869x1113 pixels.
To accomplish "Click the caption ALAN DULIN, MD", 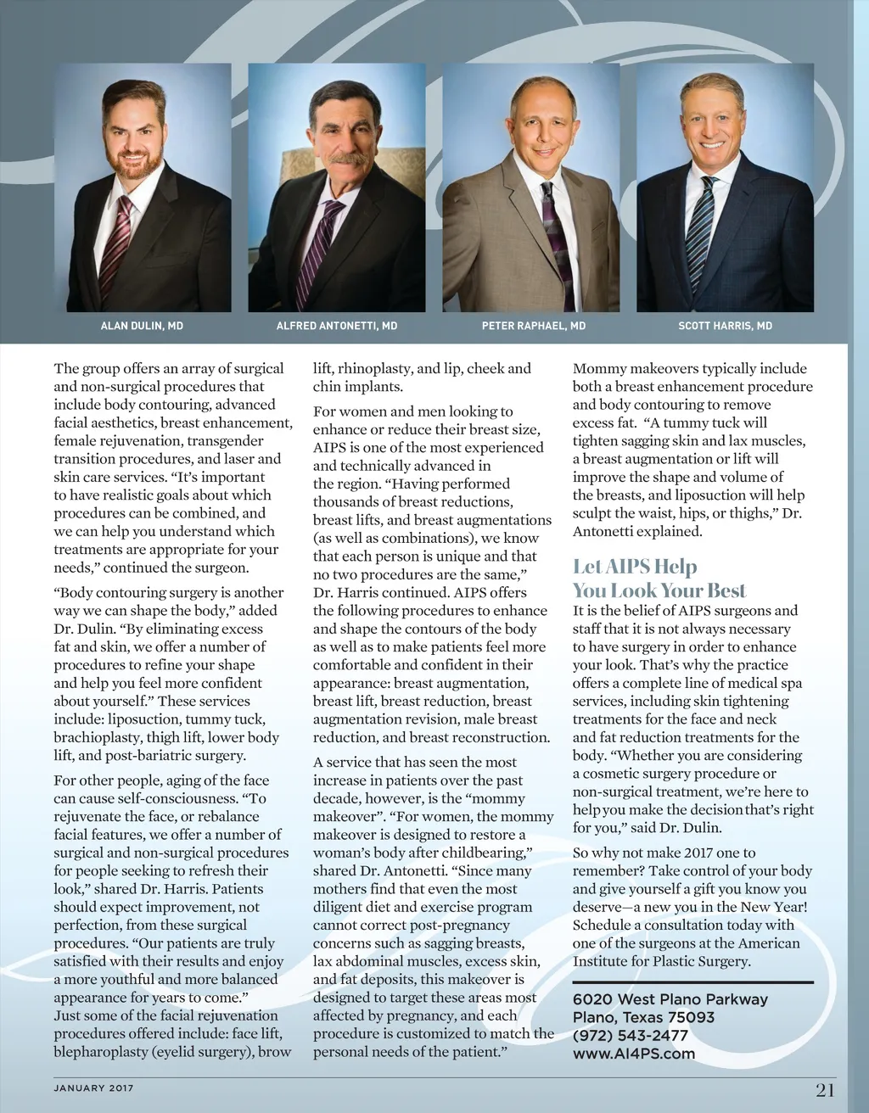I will point(142,326).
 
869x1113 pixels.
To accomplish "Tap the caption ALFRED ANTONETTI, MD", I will point(337,326).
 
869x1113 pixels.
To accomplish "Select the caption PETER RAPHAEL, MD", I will point(534,326).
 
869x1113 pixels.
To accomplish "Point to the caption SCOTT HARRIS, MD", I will point(725,326).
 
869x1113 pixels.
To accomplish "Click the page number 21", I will point(825,1090).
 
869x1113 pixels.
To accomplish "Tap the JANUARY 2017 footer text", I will point(93,1088).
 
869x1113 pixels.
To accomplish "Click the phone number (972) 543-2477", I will point(630,1035).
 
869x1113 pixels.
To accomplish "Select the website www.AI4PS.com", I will point(633,1054).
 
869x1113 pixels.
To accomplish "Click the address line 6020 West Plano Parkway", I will point(670,999).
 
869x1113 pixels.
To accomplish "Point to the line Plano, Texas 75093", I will point(643,1017).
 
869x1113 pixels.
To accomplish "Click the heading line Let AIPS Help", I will point(635,566).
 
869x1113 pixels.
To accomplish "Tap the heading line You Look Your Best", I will point(659,590).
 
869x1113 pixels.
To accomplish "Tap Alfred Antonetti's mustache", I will point(349,158).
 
